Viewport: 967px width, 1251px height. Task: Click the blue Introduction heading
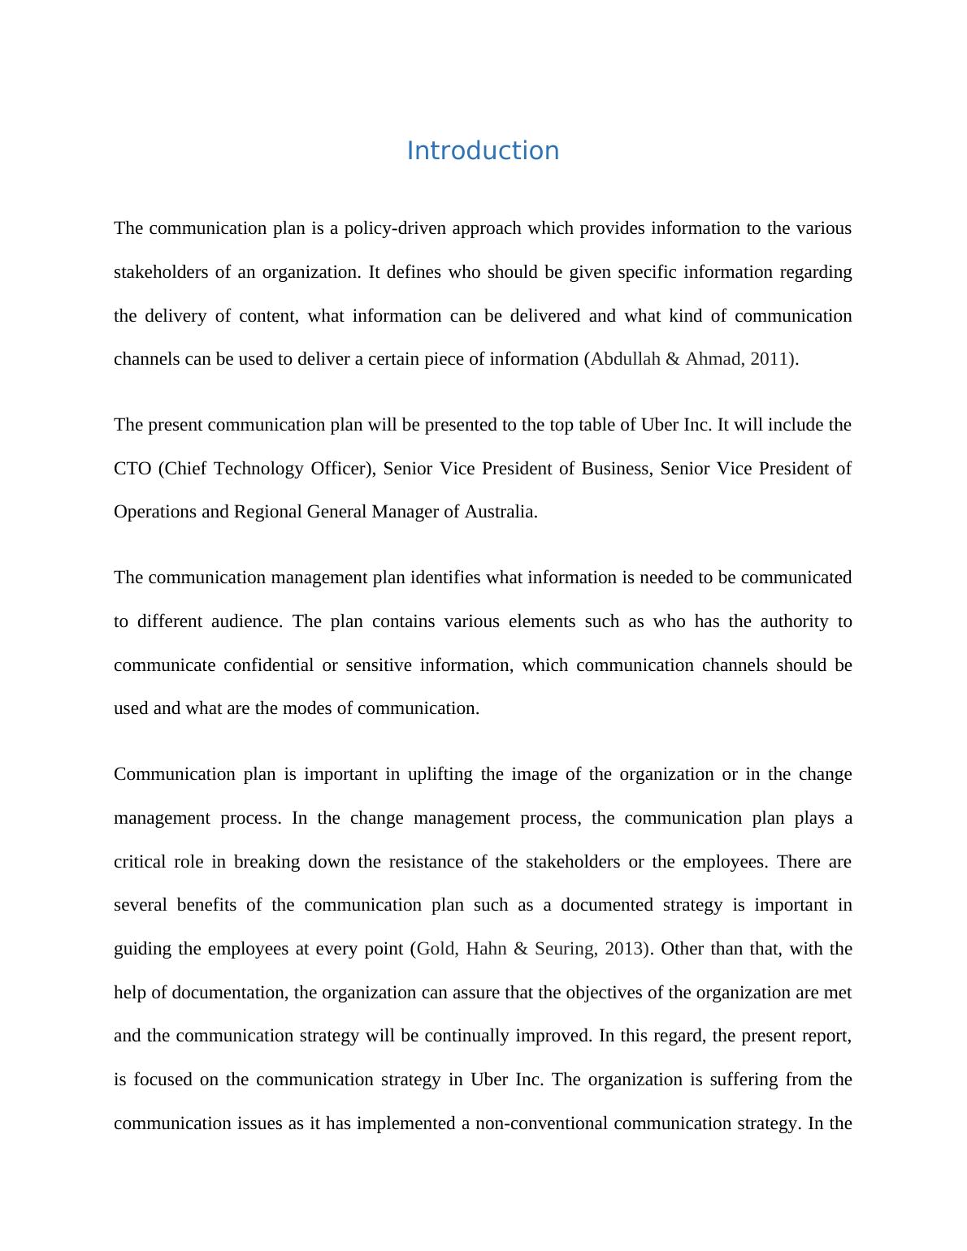pos(483,151)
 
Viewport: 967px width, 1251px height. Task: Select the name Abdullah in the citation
pos(625,359)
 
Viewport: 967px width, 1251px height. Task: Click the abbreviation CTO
pos(132,469)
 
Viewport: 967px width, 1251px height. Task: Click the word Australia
pos(501,512)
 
